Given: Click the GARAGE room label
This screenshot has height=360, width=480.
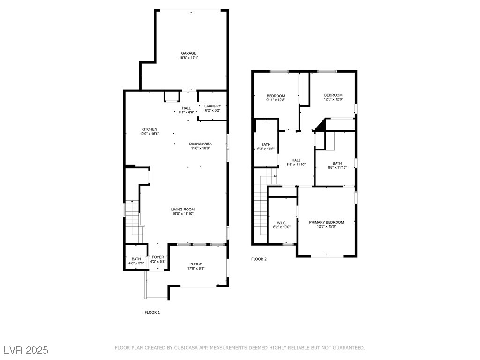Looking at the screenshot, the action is (x=188, y=53).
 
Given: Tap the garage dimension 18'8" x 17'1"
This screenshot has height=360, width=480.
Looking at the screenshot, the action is (x=188, y=58).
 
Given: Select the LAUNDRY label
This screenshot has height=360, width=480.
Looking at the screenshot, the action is (x=213, y=106).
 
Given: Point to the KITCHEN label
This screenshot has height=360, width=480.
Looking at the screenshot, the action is (x=150, y=129).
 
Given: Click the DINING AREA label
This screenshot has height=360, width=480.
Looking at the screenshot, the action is (x=200, y=143).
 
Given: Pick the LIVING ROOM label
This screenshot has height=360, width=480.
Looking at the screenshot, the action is (x=183, y=210).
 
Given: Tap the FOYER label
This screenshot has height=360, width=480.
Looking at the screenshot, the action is (x=158, y=257).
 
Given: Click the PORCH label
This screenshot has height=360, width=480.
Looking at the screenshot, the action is (x=196, y=264).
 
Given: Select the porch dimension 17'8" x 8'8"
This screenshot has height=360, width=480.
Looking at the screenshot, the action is (x=196, y=268).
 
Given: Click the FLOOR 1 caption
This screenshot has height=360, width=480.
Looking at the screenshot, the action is (x=152, y=312).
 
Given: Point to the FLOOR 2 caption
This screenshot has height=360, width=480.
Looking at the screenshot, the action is (x=259, y=259).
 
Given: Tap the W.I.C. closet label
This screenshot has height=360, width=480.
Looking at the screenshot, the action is (x=282, y=223).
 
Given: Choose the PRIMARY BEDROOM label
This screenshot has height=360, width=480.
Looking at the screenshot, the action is (x=326, y=222).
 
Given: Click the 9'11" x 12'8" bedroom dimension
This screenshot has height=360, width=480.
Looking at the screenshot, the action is (x=276, y=100).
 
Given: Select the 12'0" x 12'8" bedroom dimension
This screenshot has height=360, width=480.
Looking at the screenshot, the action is (x=333, y=99).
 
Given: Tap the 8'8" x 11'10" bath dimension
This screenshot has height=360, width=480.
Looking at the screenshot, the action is (x=337, y=167).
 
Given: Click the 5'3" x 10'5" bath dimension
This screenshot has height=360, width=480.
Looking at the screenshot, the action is (x=266, y=149).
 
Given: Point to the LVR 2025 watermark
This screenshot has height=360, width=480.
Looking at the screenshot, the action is (x=26, y=350).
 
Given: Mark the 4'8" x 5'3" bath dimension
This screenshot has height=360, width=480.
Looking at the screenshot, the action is (x=136, y=263).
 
